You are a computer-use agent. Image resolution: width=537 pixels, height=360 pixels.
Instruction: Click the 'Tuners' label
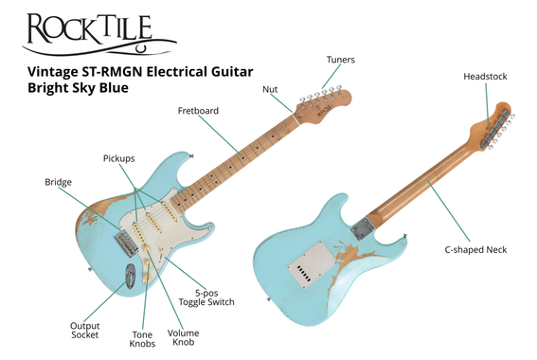click(341, 60)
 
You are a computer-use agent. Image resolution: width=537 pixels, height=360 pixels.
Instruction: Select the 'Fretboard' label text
click(198, 111)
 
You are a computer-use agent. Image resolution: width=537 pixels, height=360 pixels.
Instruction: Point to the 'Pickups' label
click(118, 158)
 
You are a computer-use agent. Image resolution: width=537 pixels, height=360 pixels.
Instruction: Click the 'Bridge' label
click(58, 181)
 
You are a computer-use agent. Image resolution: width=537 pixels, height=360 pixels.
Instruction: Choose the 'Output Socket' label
click(85, 331)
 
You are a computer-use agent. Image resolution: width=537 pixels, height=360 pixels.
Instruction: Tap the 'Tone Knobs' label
click(143, 339)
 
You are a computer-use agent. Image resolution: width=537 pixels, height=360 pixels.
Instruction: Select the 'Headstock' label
click(483, 75)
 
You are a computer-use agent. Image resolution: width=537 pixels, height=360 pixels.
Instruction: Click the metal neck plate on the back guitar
click(363, 227)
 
